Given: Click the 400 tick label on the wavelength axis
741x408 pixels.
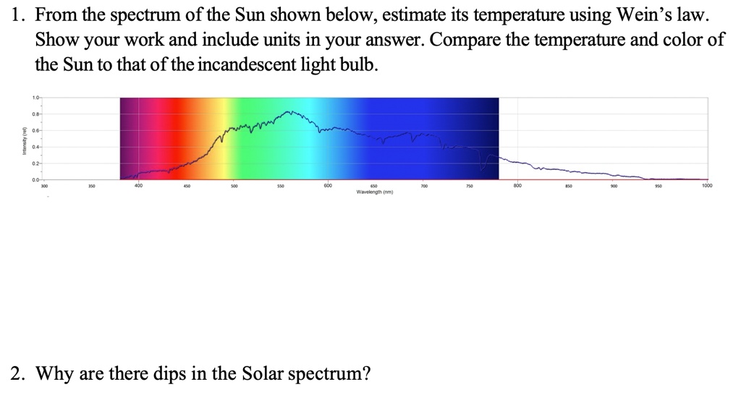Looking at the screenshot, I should pos(138,185).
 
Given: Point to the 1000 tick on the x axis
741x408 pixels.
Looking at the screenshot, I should pos(706,185).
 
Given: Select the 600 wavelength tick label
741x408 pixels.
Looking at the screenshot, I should pos(328,185).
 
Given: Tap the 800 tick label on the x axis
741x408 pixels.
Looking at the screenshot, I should pos(517,185).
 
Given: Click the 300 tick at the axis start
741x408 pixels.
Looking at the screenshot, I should pos(44,186).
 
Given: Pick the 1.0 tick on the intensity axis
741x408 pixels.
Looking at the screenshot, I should pos(35,98).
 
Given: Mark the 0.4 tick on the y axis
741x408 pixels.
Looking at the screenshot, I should pos(35,147).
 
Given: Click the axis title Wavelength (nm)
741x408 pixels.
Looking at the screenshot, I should pos(375,192).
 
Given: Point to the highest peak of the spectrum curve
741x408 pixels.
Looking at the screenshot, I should pos(289,112).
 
